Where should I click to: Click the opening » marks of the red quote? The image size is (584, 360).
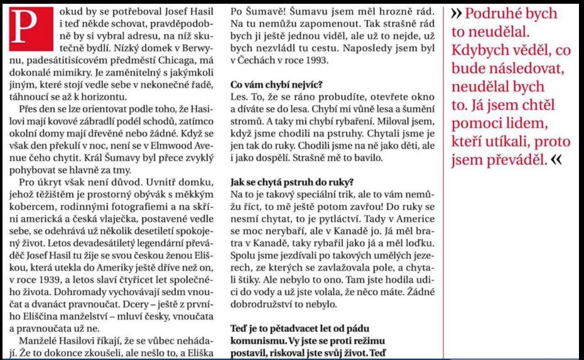pos(457,13)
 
